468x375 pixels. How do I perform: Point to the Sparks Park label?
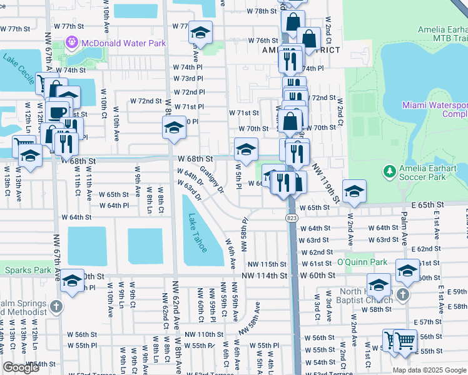click(26, 271)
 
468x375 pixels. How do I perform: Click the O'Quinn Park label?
click(363, 261)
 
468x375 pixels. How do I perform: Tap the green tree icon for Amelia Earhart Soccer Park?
click(389, 170)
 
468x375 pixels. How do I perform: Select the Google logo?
click(21, 367)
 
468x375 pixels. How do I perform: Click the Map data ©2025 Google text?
click(429, 370)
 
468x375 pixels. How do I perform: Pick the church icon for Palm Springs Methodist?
click(56, 306)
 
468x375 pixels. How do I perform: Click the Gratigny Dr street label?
click(212, 179)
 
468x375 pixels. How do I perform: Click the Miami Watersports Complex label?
click(434, 109)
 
